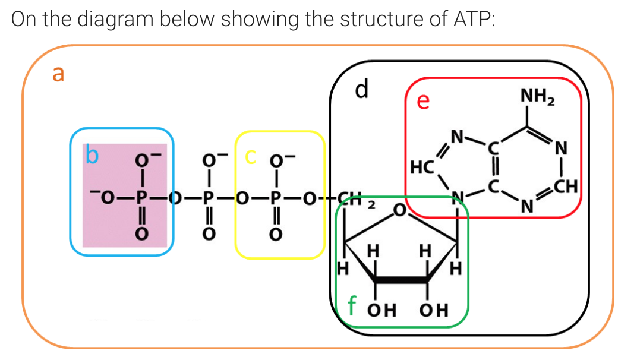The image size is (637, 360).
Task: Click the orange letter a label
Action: [x=58, y=74]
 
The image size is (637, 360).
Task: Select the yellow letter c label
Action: [x=251, y=157]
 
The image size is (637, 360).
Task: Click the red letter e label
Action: [x=422, y=101]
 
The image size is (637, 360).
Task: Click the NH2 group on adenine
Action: [x=537, y=96]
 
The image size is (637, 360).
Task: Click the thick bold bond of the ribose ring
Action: [x=401, y=279]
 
